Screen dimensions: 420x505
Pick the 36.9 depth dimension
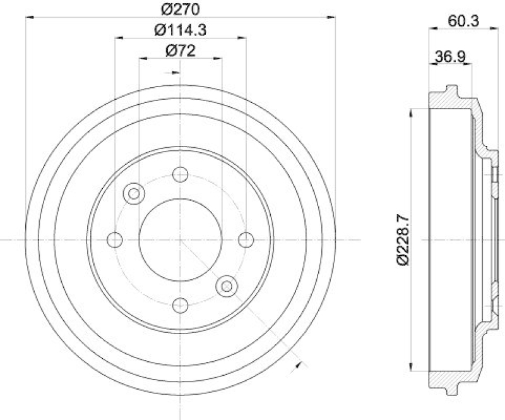(450, 57)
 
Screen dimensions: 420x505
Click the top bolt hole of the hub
(181, 174)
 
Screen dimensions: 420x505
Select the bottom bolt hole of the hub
(181, 305)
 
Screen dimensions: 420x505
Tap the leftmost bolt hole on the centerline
(115, 240)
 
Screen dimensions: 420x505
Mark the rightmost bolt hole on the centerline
(246, 240)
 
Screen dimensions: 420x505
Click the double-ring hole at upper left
(134, 194)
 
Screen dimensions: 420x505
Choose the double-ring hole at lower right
(225, 286)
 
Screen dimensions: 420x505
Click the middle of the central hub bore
(181, 240)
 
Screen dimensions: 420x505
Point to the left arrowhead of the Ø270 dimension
(29, 18)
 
